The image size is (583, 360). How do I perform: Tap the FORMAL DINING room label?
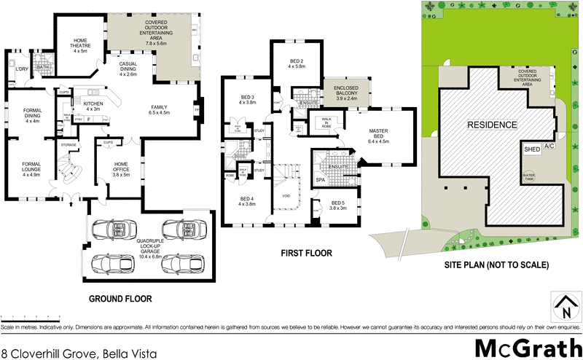coord(31,115)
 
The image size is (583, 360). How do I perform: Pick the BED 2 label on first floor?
coord(295,63)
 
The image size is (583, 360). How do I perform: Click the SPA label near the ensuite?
coord(320,179)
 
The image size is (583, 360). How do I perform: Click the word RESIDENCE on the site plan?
coord(492,125)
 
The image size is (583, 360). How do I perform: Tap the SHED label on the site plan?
coord(532,149)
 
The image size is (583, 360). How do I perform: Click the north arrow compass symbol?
coord(563,305)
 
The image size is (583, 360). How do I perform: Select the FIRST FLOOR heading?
coord(307,254)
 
